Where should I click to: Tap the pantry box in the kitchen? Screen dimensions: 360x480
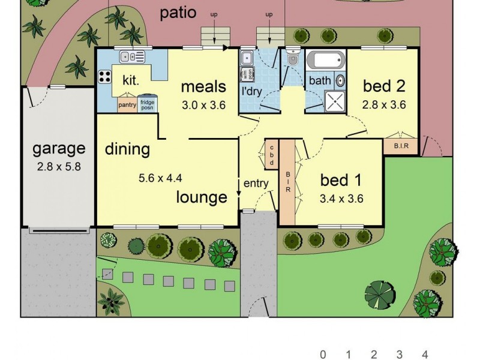127,104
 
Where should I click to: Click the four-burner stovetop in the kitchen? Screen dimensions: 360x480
105,77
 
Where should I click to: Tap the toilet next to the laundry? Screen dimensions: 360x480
293,58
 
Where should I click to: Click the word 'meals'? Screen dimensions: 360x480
203,86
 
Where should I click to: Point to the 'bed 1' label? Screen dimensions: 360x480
341,179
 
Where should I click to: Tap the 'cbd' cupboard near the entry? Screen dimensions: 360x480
271,155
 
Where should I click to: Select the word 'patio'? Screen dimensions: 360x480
178,13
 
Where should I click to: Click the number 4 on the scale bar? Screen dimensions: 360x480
425,354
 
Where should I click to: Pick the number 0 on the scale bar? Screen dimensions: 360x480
323,354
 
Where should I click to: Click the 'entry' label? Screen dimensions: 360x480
256,184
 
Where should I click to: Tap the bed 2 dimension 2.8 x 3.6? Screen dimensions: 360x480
384,104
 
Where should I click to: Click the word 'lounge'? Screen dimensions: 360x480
202,197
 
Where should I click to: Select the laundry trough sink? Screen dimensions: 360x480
247,58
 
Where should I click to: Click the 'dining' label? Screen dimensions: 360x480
127,149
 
